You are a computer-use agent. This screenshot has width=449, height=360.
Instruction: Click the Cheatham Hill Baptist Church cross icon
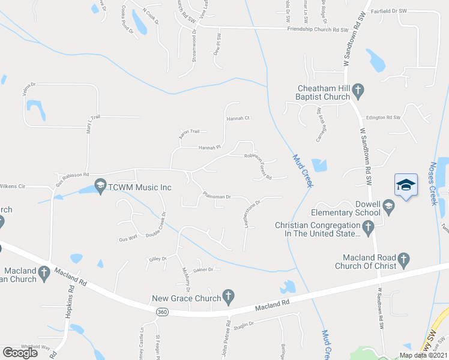[x=358, y=91]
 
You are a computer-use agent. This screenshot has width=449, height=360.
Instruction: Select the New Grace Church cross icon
[x=228, y=295]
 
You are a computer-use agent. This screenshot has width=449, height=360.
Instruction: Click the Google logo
[x=20, y=353]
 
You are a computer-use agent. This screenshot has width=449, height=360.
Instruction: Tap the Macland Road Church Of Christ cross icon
[x=404, y=260]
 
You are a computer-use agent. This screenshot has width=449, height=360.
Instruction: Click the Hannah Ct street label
[x=238, y=118]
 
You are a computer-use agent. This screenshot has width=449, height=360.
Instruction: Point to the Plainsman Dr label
[x=217, y=196]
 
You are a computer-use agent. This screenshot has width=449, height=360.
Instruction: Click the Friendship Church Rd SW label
[x=318, y=29]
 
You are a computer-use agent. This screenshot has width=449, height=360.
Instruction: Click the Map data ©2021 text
[x=423, y=355]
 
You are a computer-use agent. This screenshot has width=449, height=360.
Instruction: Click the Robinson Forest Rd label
[x=258, y=166]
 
